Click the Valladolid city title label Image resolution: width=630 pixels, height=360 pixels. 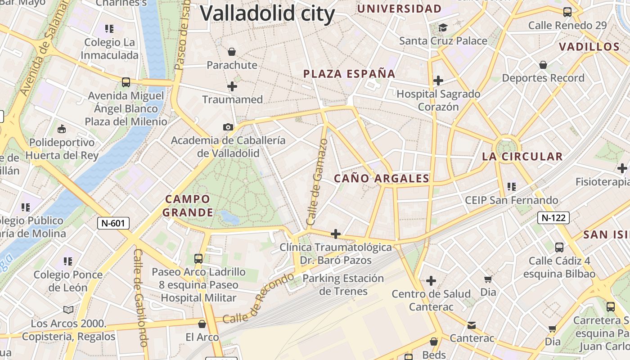[x=267, y=13]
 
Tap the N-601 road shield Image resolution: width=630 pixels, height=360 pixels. [x=113, y=223]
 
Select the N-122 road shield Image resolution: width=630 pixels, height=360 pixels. [x=553, y=218]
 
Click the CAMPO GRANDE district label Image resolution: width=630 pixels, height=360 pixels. [x=188, y=206]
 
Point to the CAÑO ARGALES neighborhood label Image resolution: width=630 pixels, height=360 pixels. [x=382, y=179]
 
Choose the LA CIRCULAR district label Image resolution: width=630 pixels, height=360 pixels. [x=522, y=157]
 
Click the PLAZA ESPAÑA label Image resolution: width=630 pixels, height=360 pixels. [x=349, y=74]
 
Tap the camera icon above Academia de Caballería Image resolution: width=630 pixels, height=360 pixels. [x=228, y=127]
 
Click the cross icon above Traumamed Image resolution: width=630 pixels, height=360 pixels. [x=232, y=86]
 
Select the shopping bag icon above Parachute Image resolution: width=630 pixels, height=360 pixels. [x=232, y=52]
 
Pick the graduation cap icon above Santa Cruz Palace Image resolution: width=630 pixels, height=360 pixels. [x=443, y=28]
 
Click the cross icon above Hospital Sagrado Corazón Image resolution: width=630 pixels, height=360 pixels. [x=438, y=81]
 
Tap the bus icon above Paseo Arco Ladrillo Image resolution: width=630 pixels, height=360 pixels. [x=198, y=258]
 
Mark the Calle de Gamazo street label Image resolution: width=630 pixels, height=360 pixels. [x=317, y=182]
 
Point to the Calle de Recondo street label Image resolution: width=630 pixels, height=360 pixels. [x=258, y=298]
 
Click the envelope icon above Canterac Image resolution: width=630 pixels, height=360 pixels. [x=471, y=325]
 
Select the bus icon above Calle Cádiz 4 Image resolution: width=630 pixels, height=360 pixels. [x=559, y=247]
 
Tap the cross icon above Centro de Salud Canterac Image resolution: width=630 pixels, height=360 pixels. [x=431, y=281]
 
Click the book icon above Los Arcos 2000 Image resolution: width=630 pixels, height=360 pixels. [x=68, y=310]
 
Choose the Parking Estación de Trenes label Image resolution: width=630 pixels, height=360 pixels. [x=343, y=285]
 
